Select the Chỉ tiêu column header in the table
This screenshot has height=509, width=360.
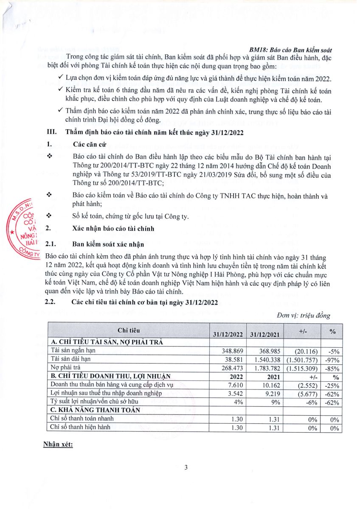pos(128,330)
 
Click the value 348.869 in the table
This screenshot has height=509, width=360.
pos(233,351)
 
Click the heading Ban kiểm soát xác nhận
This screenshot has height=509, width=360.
pos(108,244)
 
